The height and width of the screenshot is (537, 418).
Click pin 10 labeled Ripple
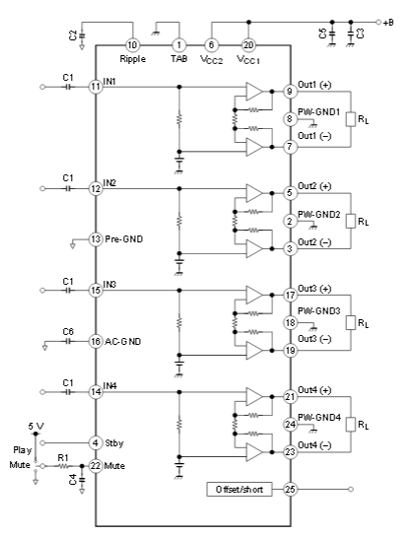[132, 45]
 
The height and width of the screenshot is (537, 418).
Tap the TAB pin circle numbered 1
[178, 45]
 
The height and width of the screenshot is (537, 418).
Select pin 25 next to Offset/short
[290, 489]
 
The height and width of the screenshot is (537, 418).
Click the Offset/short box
[240, 489]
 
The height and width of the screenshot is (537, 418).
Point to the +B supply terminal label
[388, 23]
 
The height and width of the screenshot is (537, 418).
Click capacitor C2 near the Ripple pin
[82, 35]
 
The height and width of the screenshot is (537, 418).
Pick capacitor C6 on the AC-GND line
[69, 341]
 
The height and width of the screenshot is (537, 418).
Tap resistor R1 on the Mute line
[63, 466]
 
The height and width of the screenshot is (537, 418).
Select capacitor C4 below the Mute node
[82, 480]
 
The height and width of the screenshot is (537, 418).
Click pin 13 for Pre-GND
[96, 239]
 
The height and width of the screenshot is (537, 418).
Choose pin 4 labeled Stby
[96, 442]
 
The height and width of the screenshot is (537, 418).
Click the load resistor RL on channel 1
[351, 119]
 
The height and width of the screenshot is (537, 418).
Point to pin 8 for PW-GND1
[290, 119]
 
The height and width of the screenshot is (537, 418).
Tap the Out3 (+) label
[314, 289]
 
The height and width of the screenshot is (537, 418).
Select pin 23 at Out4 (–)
[290, 451]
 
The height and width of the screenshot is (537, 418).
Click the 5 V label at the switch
[35, 426]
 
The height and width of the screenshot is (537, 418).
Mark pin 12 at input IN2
[96, 188]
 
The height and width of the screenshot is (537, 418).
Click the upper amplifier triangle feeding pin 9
[254, 92]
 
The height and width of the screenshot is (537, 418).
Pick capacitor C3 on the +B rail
[350, 34]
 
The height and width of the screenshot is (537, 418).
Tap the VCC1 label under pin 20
[248, 60]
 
